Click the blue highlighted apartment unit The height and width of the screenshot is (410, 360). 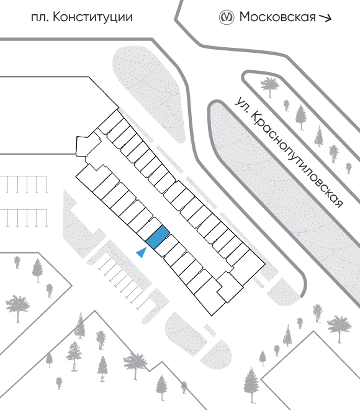157,237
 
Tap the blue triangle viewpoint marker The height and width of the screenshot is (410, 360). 142,252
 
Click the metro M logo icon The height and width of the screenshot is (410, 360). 226,17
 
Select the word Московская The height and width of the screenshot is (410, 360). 277,17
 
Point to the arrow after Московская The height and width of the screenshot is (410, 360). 325,17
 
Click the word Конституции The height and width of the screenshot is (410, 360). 92,17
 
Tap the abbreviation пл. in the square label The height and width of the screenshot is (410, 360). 40,18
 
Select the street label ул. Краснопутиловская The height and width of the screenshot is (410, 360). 289,152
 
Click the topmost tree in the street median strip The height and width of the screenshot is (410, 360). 269,86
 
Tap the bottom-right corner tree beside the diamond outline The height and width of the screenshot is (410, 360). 251,385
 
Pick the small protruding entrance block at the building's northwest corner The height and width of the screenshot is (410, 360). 85,146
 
